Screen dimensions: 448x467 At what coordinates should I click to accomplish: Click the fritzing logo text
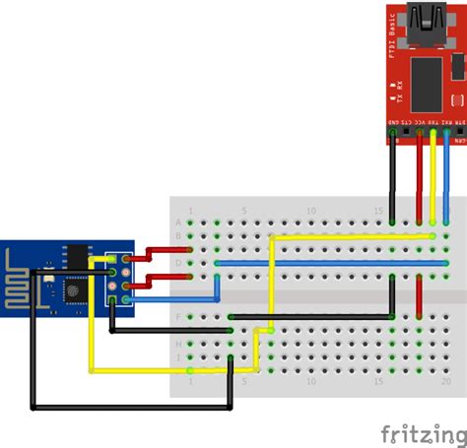point(423,433)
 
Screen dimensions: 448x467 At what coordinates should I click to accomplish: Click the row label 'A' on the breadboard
point(178,223)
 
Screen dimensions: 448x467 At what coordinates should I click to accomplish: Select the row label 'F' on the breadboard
point(178,317)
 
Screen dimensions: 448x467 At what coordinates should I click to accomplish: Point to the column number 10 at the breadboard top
point(311,210)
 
